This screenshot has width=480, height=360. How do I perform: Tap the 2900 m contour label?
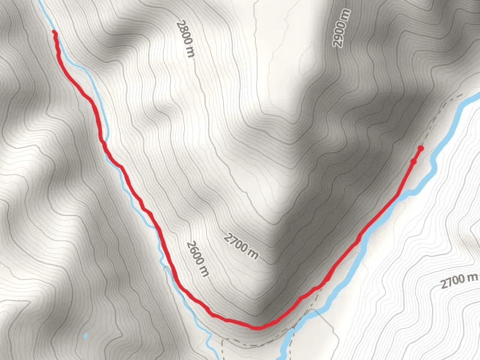(x=340, y=29)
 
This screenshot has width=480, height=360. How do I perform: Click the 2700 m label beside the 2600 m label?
(x=241, y=247)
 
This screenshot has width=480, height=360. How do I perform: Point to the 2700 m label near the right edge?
(x=458, y=279)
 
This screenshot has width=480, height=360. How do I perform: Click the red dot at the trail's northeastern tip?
(x=421, y=148)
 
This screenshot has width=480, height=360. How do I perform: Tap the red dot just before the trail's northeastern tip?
(x=413, y=161)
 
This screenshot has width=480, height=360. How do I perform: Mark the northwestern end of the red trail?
(x=55, y=32)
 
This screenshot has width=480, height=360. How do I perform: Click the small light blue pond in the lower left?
(x=86, y=336)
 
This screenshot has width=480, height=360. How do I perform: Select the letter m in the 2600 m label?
(x=205, y=273)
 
